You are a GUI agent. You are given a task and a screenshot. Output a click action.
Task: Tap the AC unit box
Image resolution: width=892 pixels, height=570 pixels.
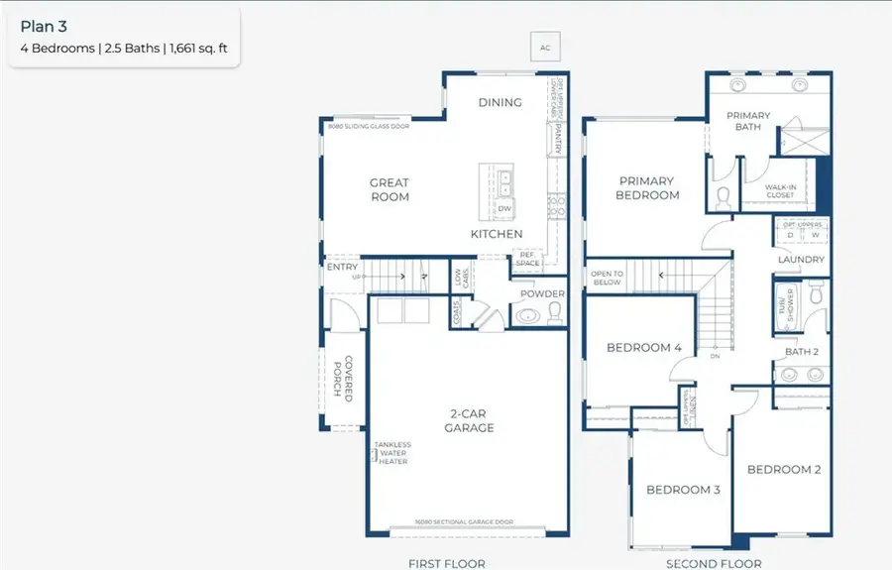(x=544, y=48)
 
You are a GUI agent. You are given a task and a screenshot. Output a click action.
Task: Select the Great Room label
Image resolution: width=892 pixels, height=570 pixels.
(x=390, y=189)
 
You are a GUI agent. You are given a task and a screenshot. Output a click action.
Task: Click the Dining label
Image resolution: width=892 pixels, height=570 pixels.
(x=500, y=102)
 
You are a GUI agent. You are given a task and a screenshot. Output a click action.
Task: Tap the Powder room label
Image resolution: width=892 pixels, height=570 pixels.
(x=543, y=293)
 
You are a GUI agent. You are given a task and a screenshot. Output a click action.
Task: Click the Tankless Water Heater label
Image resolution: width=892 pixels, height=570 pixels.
(x=392, y=453)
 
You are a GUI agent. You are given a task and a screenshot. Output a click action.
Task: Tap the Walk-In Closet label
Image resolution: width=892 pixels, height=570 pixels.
(x=780, y=191)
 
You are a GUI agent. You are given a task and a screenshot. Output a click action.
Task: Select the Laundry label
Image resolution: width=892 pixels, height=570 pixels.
(x=801, y=260)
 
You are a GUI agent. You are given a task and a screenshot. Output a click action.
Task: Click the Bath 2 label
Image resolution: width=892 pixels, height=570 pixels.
(x=801, y=352)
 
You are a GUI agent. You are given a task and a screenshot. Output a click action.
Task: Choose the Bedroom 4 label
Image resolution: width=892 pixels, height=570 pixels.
(x=644, y=348)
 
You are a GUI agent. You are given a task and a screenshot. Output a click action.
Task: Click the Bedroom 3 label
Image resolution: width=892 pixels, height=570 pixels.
(x=683, y=490)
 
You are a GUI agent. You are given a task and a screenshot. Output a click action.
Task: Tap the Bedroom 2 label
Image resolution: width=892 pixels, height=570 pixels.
(x=783, y=469)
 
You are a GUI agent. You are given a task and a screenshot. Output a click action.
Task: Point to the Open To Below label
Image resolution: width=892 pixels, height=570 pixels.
(x=606, y=278)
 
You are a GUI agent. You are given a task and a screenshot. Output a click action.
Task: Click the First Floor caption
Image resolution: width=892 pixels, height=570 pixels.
(x=447, y=563)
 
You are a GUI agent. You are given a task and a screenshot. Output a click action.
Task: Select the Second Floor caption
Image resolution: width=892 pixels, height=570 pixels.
(x=713, y=563)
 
